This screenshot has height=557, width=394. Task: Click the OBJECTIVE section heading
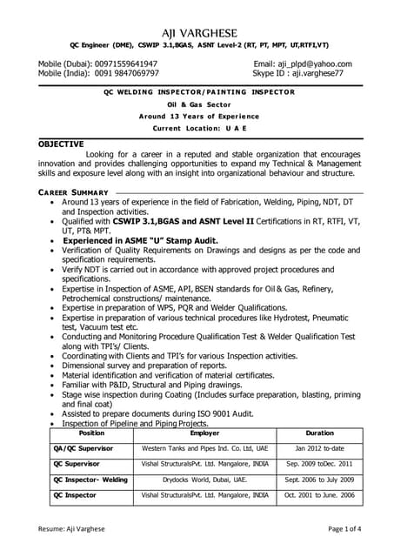pyautogui.click(x=61, y=144)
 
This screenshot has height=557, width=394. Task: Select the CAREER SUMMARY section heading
pyautogui.click(x=73, y=192)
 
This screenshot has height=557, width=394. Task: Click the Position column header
pyautogui.click(x=91, y=433)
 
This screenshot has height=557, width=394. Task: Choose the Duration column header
pyautogui.click(x=319, y=433)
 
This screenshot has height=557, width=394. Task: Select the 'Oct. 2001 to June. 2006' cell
pyautogui.click(x=319, y=494)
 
